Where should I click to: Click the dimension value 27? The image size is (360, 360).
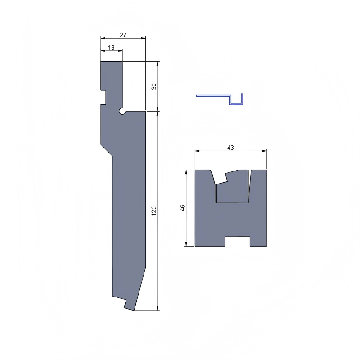(x=123, y=35)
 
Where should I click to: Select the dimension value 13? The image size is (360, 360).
(x=112, y=47)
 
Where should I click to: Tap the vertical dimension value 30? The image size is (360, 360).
(x=154, y=86)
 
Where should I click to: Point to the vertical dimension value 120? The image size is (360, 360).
(x=154, y=210)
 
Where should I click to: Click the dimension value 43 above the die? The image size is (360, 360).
(x=230, y=148)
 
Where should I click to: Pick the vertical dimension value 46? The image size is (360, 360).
(x=182, y=208)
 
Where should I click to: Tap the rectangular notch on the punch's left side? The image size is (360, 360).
(x=103, y=97)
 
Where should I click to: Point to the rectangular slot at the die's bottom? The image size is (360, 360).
(x=237, y=241)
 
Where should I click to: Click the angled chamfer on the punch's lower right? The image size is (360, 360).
(x=140, y=288)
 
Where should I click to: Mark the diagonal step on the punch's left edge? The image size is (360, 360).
(x=106, y=150)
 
